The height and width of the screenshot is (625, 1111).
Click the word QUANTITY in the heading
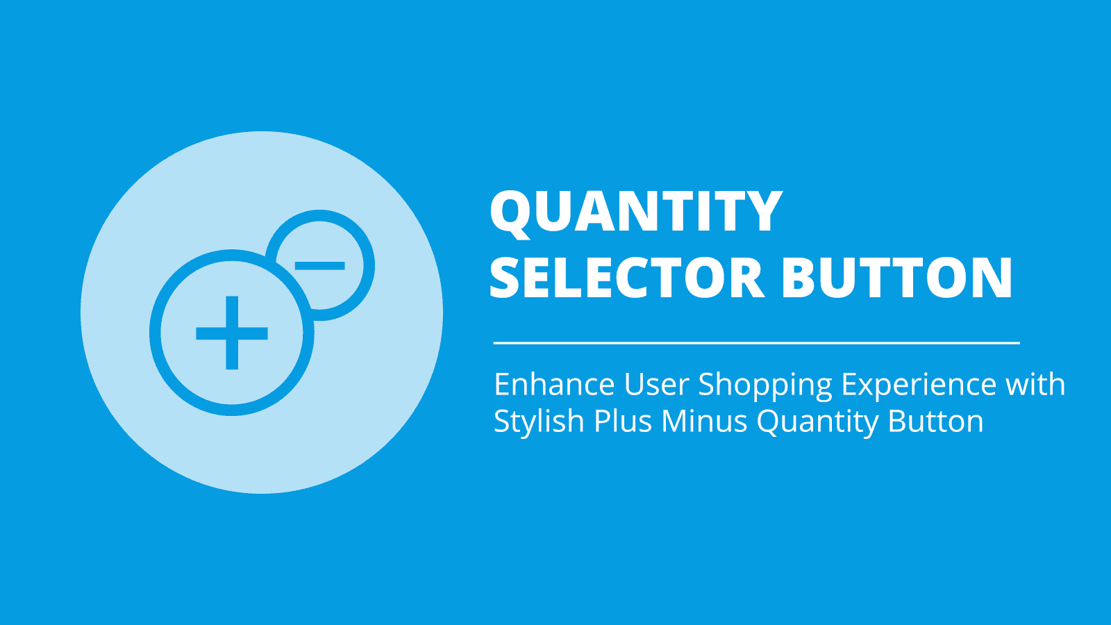click(636, 211)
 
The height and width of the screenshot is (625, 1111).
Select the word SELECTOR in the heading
click(626, 278)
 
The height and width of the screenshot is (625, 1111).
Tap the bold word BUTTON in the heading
click(897, 278)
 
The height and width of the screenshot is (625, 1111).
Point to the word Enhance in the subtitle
click(554, 385)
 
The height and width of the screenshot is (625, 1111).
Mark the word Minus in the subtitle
click(704, 422)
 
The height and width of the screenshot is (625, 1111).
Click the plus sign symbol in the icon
click(232, 333)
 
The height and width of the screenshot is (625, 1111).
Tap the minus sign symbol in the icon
click(320, 265)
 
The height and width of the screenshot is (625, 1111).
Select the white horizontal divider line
click(756, 343)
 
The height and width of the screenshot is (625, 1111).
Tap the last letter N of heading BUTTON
click(992, 278)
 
